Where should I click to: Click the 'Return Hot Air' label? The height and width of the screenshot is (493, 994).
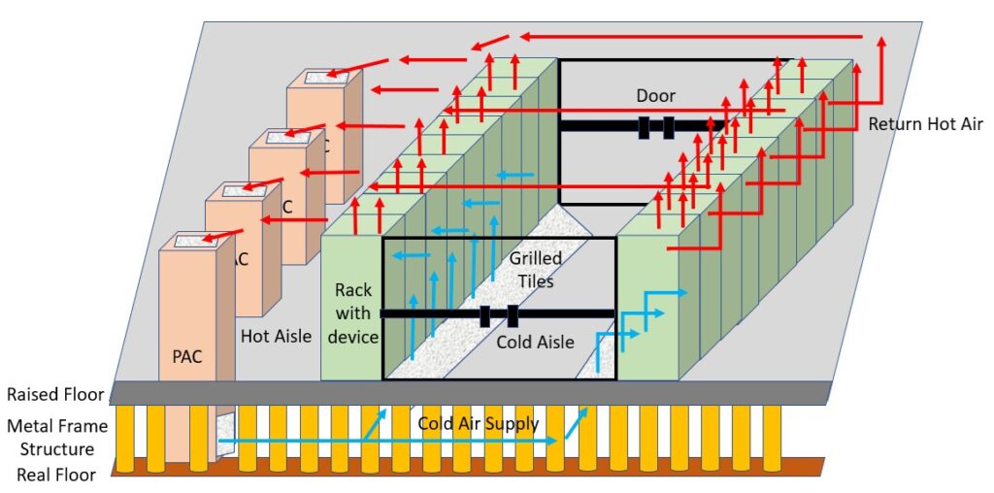pos(925,124)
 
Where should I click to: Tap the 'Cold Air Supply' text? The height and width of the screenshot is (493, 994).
pos(478,424)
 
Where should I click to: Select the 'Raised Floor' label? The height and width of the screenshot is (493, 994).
pos(54,395)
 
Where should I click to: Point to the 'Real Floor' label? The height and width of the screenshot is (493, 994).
pos(55,476)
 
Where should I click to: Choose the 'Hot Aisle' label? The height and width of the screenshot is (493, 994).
pos(276,337)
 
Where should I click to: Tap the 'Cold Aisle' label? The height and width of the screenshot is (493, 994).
pos(535,342)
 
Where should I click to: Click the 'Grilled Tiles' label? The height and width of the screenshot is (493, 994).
pos(535,270)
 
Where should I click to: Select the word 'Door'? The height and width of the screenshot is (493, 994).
pos(655,95)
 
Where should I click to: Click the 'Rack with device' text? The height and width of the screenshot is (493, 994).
pos(352,312)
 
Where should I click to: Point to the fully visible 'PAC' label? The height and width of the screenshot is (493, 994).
pos(187,356)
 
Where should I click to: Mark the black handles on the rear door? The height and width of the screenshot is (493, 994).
pos(655,127)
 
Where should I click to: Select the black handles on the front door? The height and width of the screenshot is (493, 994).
pos(498,315)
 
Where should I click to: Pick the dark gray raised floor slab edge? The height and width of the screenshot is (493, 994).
pos(466,392)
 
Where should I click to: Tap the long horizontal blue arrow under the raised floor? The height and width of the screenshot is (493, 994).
pos(388,442)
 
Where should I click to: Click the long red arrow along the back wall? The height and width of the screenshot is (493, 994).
pos(689,37)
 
